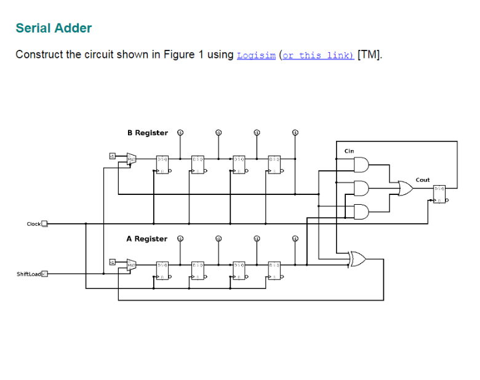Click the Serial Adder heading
(54, 28)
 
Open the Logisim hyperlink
(256, 55)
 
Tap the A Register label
(146, 239)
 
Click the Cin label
(349, 151)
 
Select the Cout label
(423, 180)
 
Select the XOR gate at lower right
(356, 259)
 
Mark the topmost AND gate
(361, 165)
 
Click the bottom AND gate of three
(361, 212)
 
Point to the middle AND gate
(361, 188)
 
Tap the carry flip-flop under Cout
(439, 194)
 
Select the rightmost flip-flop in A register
(274, 269)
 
